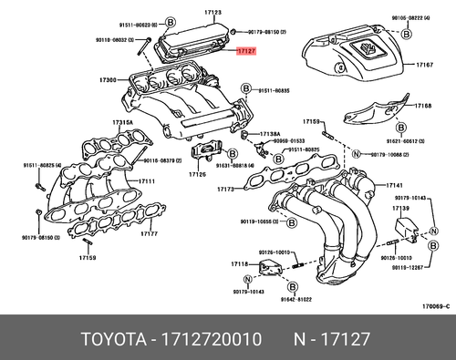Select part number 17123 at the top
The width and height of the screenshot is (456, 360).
(213, 12)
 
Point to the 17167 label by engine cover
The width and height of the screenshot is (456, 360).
(424, 66)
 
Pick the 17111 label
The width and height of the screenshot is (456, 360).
(146, 181)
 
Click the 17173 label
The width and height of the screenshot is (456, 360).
(225, 190)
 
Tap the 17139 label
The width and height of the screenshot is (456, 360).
(399, 208)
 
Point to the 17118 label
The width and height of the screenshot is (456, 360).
(239, 262)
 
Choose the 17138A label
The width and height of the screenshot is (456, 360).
(270, 133)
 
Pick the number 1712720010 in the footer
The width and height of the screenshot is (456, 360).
(212, 339)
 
